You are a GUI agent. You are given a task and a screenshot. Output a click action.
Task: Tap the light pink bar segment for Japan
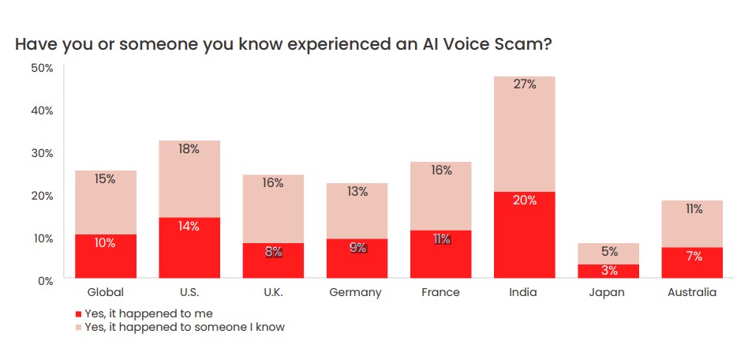click(608, 253)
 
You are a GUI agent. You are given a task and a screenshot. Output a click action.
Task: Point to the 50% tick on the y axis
click(42, 68)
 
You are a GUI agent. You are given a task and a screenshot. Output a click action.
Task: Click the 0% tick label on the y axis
click(44, 279)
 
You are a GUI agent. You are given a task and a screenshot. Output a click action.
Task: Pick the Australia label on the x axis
click(691, 292)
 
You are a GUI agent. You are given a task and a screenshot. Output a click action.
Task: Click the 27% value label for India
click(524, 84)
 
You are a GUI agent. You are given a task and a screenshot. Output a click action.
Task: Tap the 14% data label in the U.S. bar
click(189, 226)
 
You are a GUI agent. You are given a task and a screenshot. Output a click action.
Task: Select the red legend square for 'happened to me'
click(78, 313)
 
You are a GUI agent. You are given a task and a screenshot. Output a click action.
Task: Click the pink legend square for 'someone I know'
click(78, 327)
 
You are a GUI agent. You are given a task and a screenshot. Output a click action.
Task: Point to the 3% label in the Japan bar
click(608, 271)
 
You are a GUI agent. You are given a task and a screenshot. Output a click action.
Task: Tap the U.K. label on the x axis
click(273, 292)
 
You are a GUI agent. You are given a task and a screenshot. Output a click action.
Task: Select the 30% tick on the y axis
click(42, 152)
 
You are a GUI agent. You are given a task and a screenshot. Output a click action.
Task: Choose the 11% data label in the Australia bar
click(691, 209)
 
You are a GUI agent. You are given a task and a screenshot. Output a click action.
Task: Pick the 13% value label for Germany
click(357, 192)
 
